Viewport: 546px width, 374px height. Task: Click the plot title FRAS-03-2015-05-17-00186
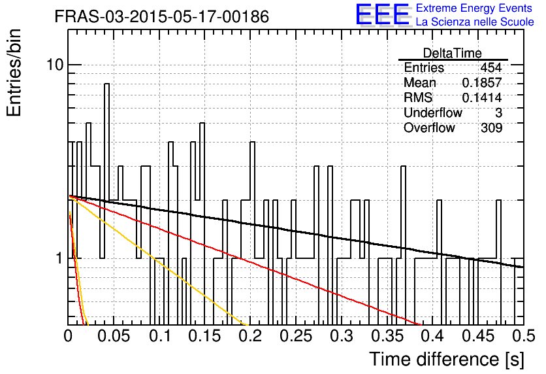162,16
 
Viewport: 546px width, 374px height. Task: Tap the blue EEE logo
382,14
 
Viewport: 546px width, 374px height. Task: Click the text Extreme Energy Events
474,8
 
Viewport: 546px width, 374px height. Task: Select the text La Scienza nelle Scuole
475,22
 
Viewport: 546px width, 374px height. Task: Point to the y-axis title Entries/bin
14,73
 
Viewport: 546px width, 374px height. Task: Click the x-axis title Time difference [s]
447,360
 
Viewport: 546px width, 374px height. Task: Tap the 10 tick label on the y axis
56,64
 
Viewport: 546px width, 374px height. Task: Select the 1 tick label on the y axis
59,258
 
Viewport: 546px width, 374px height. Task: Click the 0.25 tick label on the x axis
297,336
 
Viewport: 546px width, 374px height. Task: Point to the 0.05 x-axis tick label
114,336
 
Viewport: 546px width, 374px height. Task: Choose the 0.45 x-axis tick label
479,336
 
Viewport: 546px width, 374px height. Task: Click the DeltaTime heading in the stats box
453,53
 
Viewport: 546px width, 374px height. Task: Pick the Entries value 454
491,67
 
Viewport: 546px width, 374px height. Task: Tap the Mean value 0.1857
482,82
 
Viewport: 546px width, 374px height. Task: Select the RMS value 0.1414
482,97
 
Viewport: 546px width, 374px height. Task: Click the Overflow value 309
492,127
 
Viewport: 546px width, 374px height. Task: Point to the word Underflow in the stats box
433,112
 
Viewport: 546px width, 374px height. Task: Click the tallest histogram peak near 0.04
107,84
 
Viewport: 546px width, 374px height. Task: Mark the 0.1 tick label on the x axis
159,336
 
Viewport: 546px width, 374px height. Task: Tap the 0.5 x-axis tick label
524,336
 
